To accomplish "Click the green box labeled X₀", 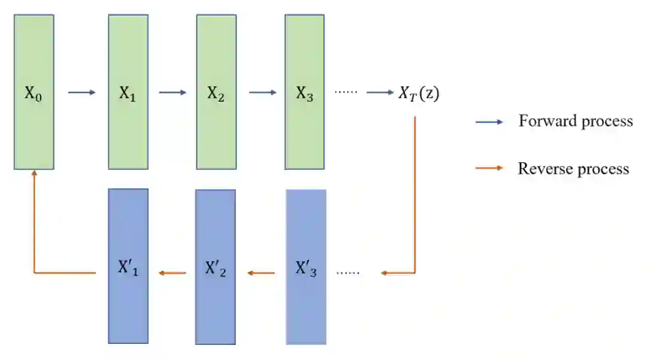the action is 34,92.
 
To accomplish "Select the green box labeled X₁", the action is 128,92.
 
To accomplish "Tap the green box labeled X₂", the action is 216,92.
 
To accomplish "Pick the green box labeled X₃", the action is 304,92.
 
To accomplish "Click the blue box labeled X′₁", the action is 128,267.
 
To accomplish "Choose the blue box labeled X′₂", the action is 216,267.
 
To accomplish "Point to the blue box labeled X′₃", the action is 306,267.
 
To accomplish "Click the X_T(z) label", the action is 419,93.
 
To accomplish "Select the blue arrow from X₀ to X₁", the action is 81,93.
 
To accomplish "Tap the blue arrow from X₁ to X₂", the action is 173,93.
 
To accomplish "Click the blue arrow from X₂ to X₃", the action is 262,93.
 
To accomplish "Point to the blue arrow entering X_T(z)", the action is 380,93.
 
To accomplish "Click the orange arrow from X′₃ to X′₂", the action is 261,273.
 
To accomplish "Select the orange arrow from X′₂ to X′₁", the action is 173,273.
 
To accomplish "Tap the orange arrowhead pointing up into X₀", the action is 34,174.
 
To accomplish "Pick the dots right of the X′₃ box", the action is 348,273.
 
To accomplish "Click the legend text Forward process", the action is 575,121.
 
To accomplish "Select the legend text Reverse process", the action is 573,168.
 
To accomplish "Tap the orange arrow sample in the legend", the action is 489,168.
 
